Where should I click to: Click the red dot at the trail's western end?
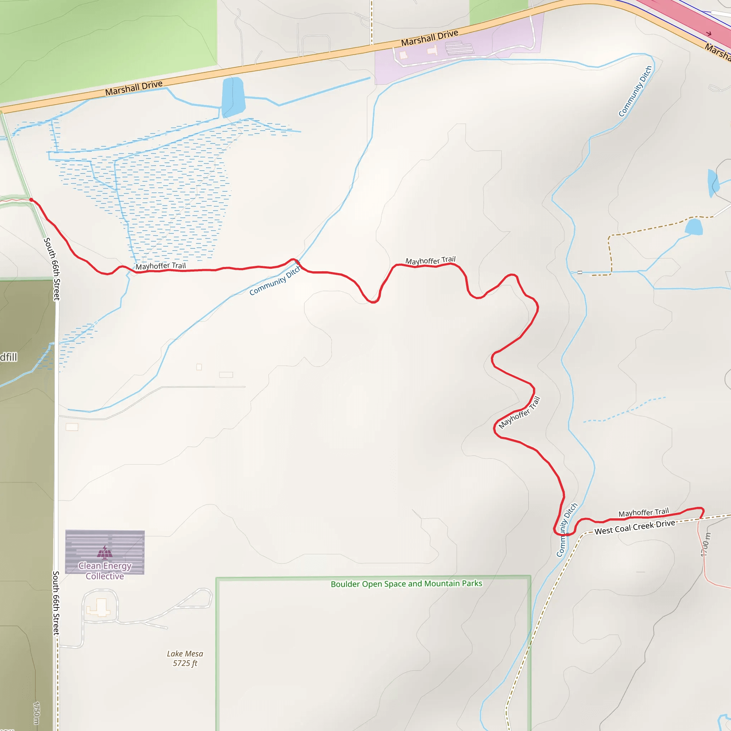click(31, 200)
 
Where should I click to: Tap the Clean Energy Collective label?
click(105, 571)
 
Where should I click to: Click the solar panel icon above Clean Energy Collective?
click(105, 553)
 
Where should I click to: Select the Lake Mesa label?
click(185, 654)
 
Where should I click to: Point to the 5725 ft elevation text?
click(185, 663)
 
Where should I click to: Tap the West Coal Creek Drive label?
click(635, 527)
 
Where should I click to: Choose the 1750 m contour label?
click(36, 713)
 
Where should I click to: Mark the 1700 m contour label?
click(705, 544)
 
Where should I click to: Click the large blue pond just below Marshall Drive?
click(233, 96)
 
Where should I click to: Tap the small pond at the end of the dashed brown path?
click(694, 227)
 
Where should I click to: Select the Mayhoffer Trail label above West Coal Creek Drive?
click(644, 513)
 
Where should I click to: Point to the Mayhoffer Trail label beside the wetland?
click(161, 266)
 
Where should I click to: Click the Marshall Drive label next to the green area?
click(133, 88)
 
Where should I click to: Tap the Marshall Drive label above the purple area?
click(429, 38)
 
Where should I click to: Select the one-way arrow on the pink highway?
click(709, 34)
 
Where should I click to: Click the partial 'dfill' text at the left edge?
click(8, 357)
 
